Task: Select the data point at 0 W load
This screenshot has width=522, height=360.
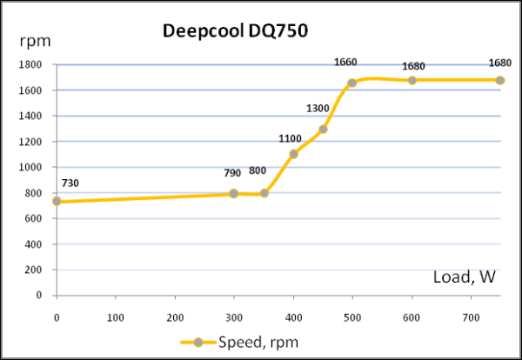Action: (x=57, y=201)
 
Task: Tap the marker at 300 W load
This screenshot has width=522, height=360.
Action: (x=234, y=193)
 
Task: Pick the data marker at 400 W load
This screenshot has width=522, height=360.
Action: (x=293, y=154)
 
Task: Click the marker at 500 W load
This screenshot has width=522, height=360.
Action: (x=352, y=83)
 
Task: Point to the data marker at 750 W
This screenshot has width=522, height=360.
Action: (x=500, y=80)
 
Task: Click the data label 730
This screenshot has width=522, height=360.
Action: (x=70, y=183)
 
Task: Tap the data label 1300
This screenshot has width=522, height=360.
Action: (x=318, y=108)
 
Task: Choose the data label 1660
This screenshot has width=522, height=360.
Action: (x=345, y=62)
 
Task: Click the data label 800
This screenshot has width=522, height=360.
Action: (x=258, y=171)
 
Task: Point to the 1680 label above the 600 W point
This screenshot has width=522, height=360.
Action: (x=412, y=66)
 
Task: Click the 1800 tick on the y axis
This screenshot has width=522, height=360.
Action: (x=31, y=64)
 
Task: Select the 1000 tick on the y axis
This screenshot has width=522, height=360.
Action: (x=31, y=167)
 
